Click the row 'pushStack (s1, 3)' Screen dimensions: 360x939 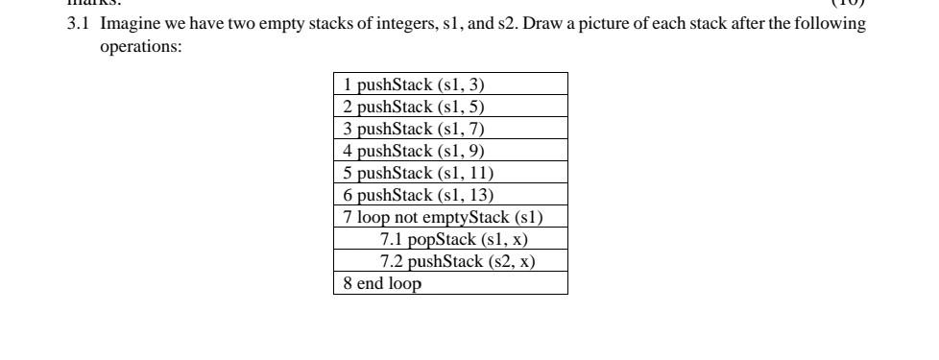pyautogui.click(x=450, y=84)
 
